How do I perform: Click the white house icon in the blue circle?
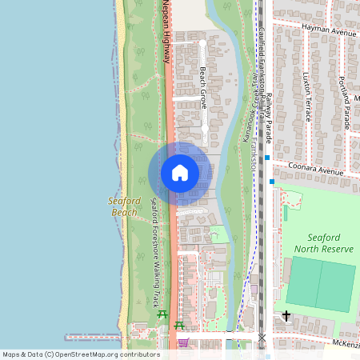pos(180,173)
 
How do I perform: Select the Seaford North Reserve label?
pos(330,243)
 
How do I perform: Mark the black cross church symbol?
pos(286,316)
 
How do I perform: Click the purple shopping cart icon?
pos(183,343)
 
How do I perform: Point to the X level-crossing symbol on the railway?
pos(261,338)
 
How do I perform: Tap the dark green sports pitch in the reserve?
pos(318,286)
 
